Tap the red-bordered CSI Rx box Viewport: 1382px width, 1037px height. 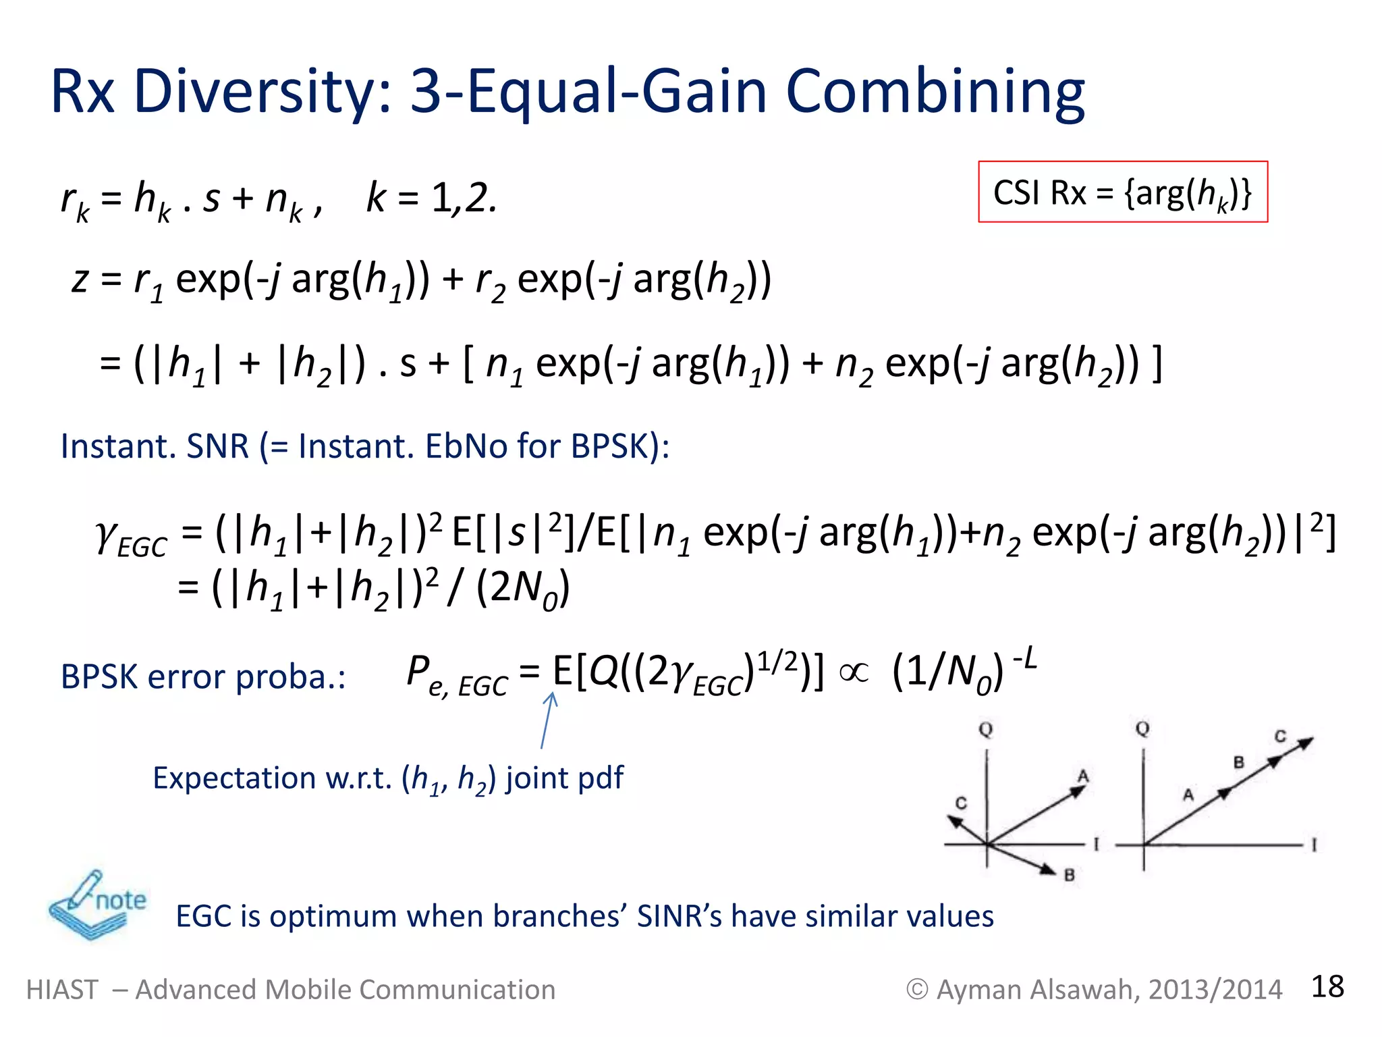click(1123, 192)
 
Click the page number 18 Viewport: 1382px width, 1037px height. click(1327, 986)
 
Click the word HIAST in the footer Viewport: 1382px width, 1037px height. click(62, 990)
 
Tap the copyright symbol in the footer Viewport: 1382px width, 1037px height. click(916, 990)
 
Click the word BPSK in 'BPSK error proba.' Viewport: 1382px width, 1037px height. click(99, 676)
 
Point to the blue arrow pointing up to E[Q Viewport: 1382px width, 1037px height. click(547, 720)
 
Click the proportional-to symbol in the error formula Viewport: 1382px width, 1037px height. click(854, 672)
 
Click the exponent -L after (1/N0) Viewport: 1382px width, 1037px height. click(1024, 658)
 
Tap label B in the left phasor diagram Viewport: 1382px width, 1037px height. click(1069, 876)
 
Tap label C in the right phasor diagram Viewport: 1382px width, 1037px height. click(1280, 736)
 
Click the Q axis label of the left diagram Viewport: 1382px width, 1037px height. click(986, 730)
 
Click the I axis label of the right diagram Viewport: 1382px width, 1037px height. click(1314, 845)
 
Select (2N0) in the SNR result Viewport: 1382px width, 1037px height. click(523, 587)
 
